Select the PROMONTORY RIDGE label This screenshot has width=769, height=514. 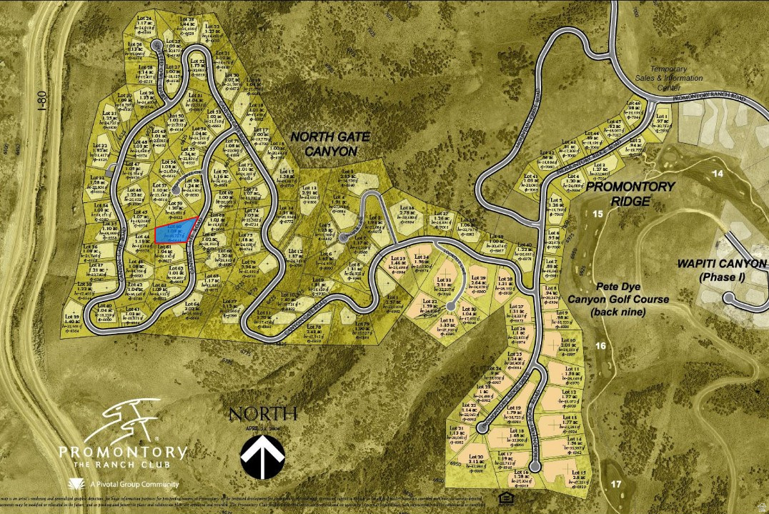[x=630, y=194]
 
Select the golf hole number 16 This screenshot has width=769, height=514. [x=601, y=346]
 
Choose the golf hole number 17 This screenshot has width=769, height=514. [x=616, y=484]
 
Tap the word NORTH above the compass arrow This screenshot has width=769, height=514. [x=262, y=412]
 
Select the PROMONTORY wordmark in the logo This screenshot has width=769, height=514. [x=123, y=452]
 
